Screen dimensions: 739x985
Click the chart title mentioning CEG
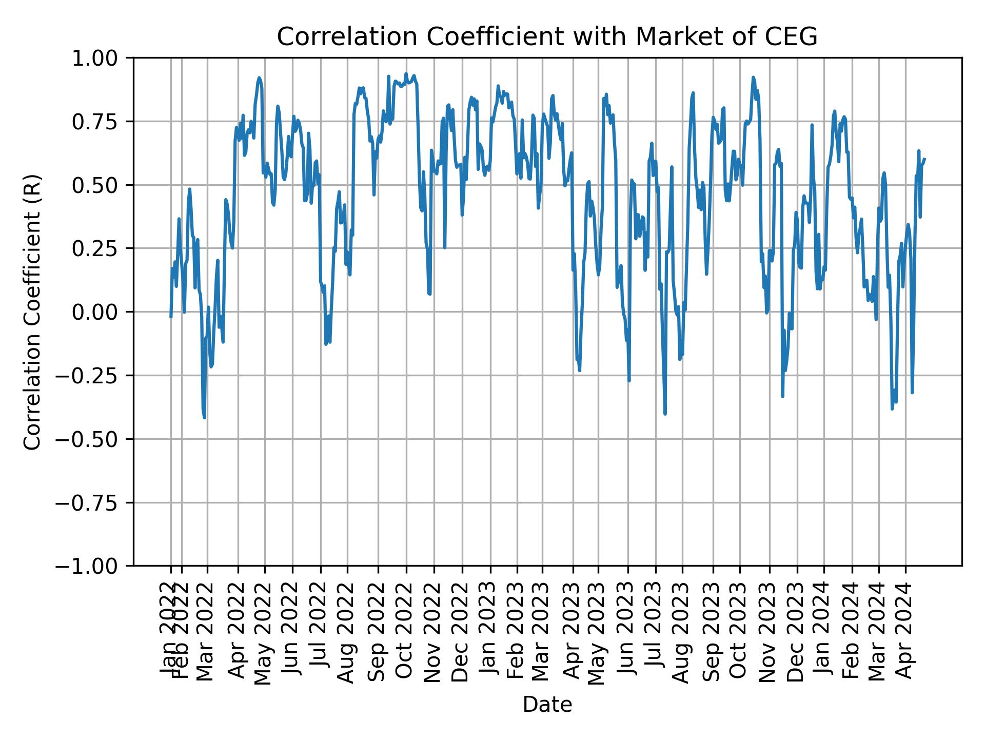coord(547,37)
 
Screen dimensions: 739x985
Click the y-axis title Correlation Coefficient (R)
coord(33,312)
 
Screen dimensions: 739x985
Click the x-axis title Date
coord(547,705)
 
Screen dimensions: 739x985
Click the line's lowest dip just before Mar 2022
coord(205,417)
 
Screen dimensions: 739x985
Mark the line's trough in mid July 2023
coord(665,414)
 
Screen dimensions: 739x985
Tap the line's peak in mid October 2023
coord(753,77)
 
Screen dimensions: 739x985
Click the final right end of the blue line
coord(924,159)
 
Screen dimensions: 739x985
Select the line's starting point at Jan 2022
coord(171,317)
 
